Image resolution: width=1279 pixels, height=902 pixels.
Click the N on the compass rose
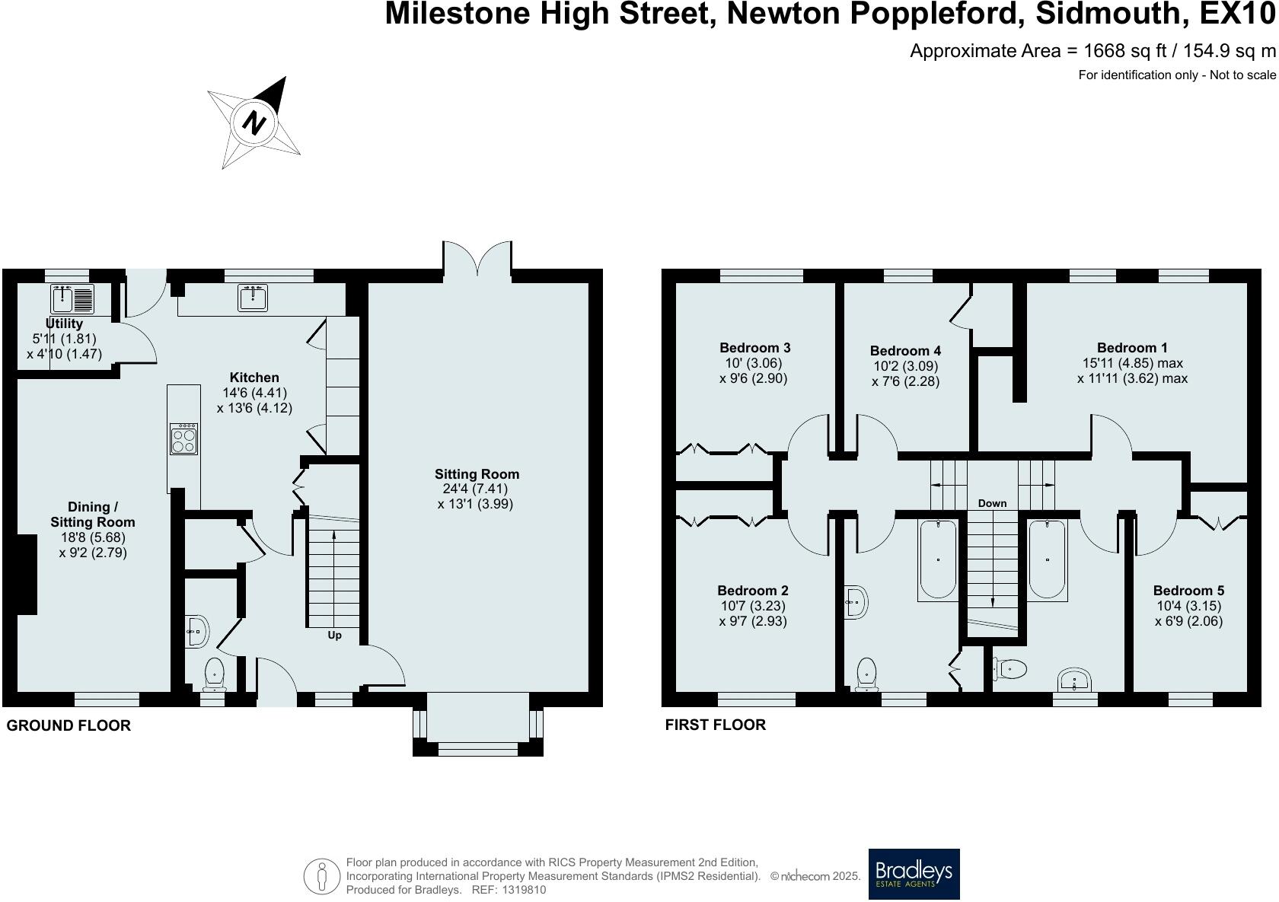click(x=254, y=123)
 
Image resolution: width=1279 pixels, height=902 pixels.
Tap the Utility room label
click(x=64, y=323)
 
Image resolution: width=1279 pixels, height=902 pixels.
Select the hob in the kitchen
click(x=184, y=438)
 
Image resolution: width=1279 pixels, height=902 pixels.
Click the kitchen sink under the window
click(x=253, y=298)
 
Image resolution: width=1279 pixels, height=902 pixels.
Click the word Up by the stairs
click(x=335, y=636)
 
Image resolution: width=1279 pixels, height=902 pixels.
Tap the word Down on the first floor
click(x=993, y=503)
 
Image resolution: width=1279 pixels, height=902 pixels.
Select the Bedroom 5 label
click(x=1189, y=591)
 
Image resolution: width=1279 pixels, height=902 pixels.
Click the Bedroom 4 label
click(x=906, y=350)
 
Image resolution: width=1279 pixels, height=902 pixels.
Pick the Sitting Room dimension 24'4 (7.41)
click(x=475, y=489)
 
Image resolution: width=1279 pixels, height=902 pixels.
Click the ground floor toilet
click(x=214, y=674)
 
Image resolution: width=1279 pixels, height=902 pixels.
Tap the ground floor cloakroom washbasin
click(x=198, y=632)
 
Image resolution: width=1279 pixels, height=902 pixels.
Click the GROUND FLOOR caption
click(x=69, y=725)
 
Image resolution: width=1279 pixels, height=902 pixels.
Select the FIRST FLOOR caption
click(x=716, y=725)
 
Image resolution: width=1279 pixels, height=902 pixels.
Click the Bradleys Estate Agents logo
click(x=914, y=874)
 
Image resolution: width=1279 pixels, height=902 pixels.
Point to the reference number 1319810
click(x=523, y=890)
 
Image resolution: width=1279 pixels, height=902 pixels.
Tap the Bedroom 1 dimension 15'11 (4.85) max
click(x=1133, y=363)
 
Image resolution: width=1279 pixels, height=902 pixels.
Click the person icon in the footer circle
click(x=322, y=877)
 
